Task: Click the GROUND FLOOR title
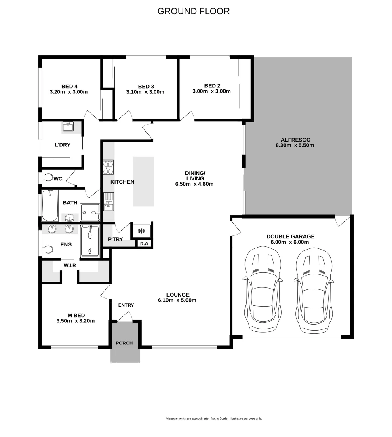[x=194, y=11]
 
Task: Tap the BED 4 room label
[x=69, y=86]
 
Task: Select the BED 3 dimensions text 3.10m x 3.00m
[x=145, y=92]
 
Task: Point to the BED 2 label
[x=212, y=86]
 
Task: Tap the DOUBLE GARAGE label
[x=290, y=237]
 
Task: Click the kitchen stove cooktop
[x=108, y=167]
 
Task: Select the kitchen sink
[x=108, y=202]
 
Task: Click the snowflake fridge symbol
[x=141, y=231]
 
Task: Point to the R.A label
[x=143, y=244]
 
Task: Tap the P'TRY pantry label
[x=115, y=239]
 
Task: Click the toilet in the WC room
[x=48, y=178]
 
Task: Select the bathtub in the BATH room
[x=50, y=205]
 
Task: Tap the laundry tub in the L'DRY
[x=68, y=127]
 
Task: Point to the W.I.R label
[x=70, y=265]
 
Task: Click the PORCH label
[x=124, y=343]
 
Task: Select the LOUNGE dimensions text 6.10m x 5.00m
[x=177, y=300]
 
